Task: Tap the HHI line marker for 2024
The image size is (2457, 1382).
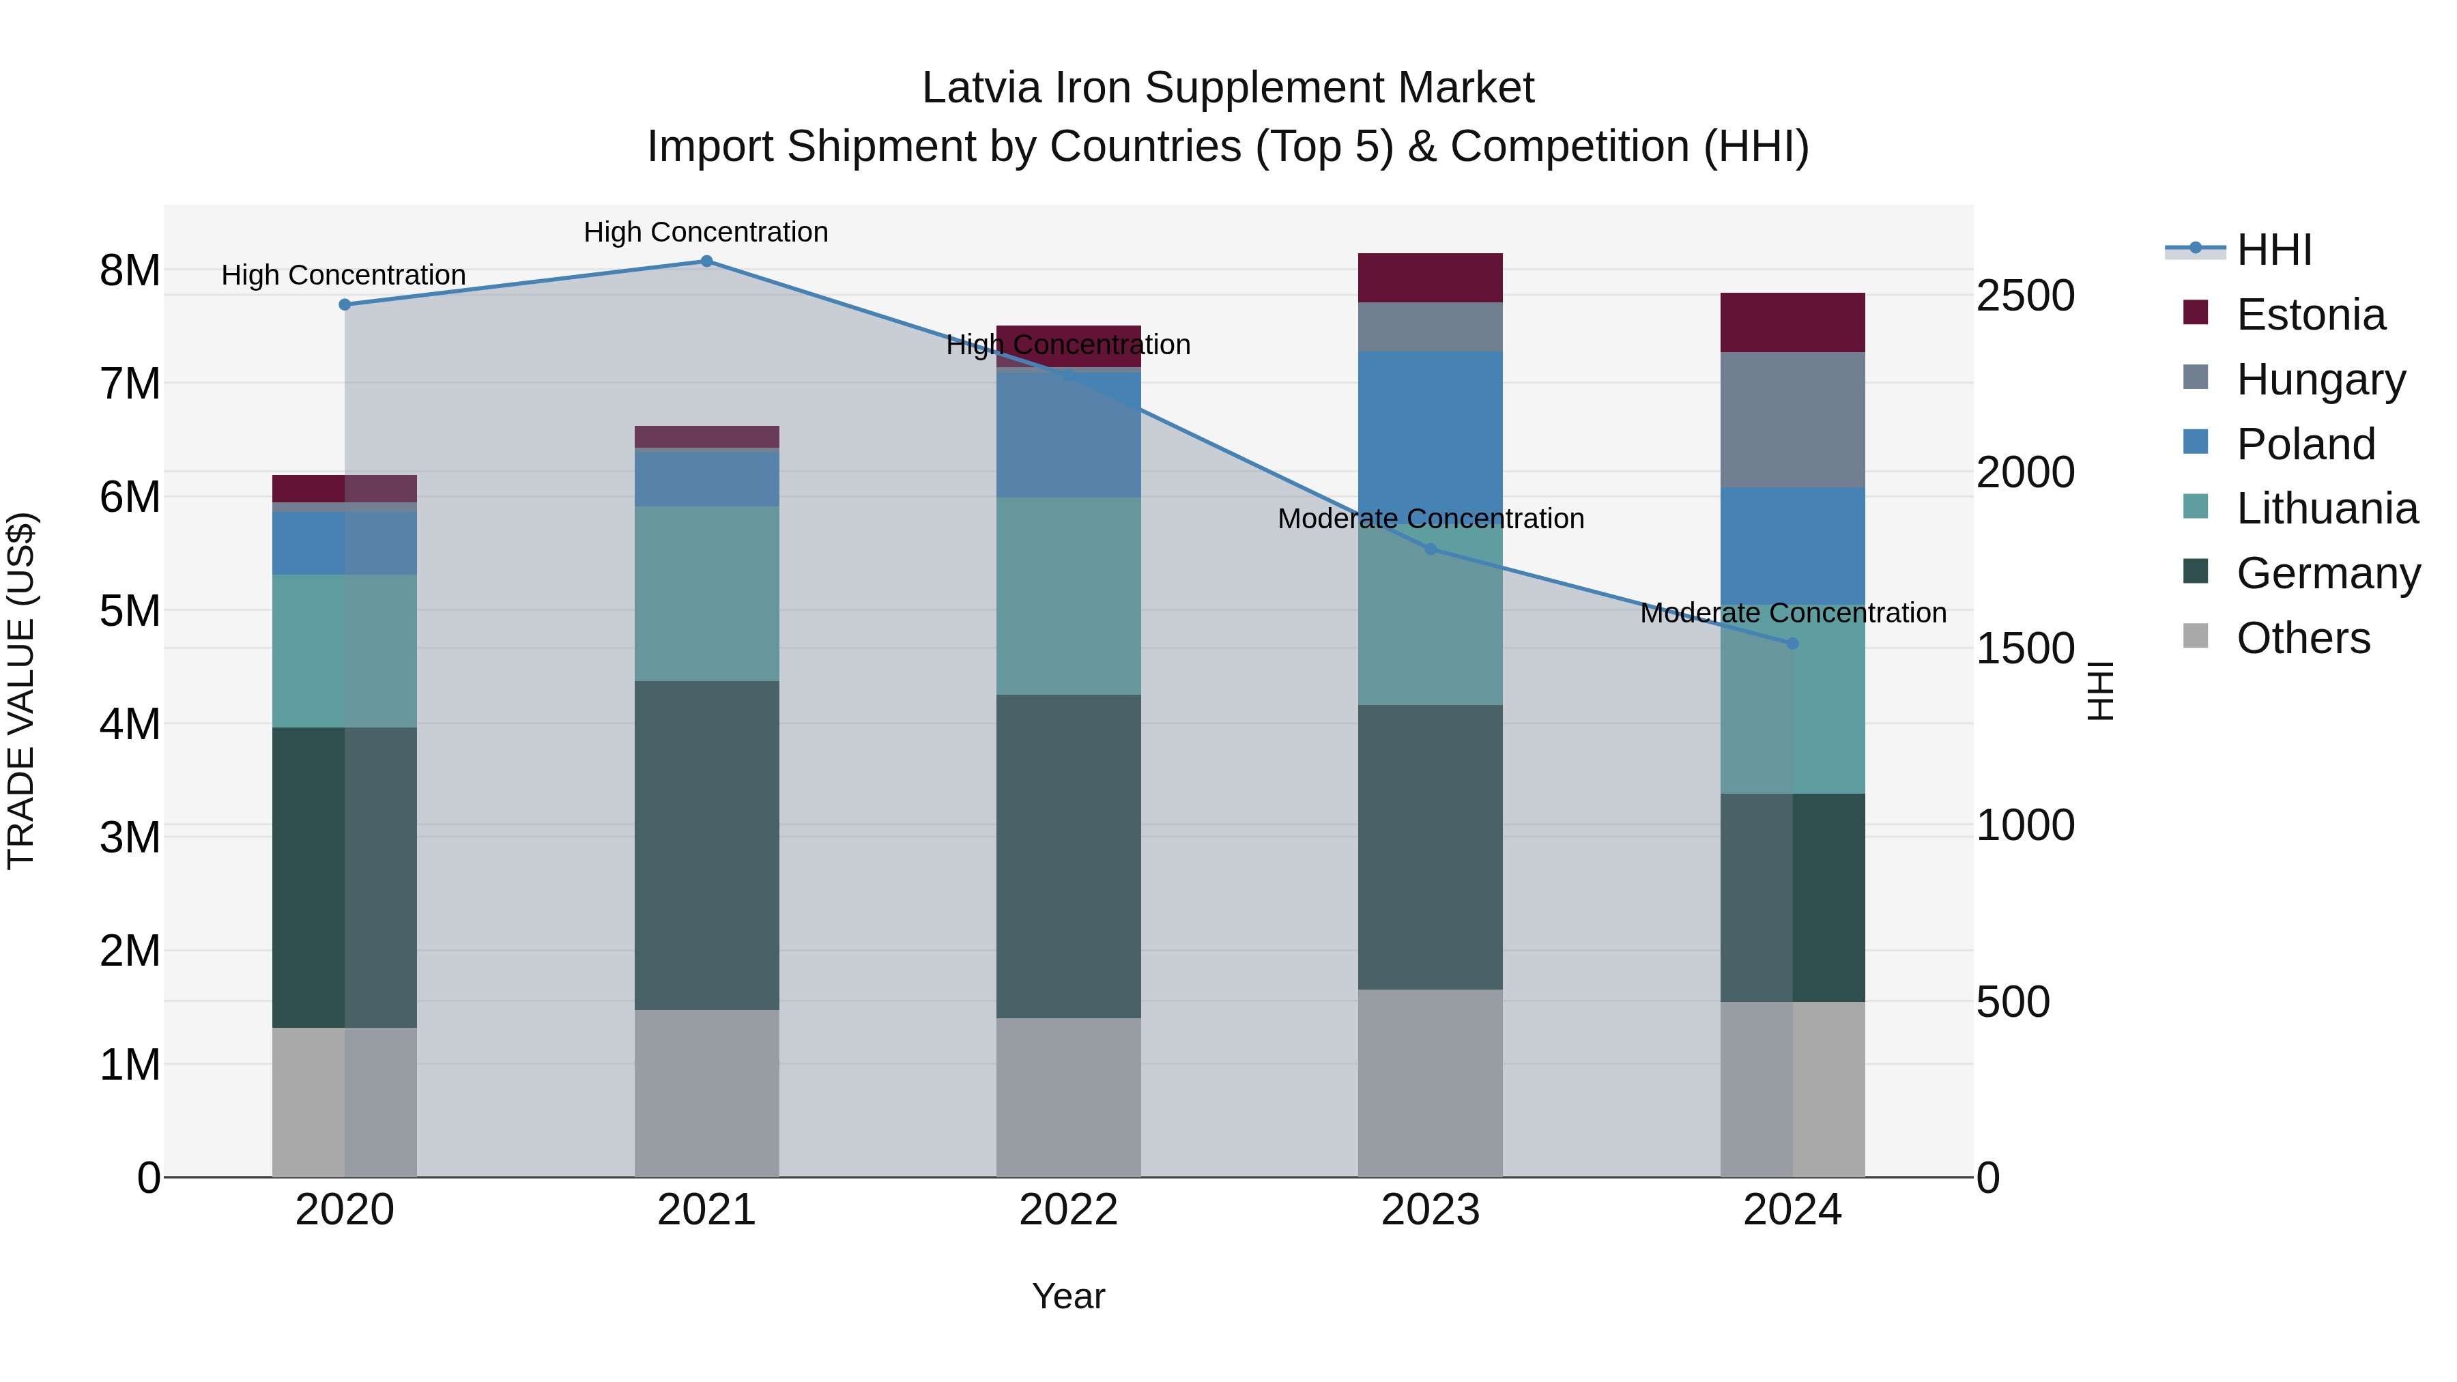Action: click(x=1792, y=644)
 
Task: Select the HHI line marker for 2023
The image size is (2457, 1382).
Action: click(x=1430, y=549)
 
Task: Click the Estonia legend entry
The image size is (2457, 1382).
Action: click(x=2310, y=315)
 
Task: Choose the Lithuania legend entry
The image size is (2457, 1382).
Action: click(x=2325, y=508)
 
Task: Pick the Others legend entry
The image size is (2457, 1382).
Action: click(x=2303, y=638)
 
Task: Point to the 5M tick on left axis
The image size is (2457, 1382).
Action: click(x=130, y=610)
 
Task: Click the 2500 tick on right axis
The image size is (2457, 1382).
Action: click(x=2024, y=296)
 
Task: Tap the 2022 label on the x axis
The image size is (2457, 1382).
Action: click(x=1068, y=1210)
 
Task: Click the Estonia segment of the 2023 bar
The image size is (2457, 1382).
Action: click(x=1430, y=278)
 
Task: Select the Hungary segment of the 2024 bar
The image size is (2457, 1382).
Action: click(x=1792, y=420)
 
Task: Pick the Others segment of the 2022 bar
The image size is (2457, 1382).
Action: click(x=1068, y=1097)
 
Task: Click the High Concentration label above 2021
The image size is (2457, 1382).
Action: click(x=706, y=232)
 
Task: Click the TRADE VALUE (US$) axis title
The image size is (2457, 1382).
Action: click(x=21, y=691)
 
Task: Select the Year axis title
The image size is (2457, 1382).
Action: click(x=1068, y=1296)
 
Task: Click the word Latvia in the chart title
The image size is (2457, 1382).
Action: click(x=981, y=88)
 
